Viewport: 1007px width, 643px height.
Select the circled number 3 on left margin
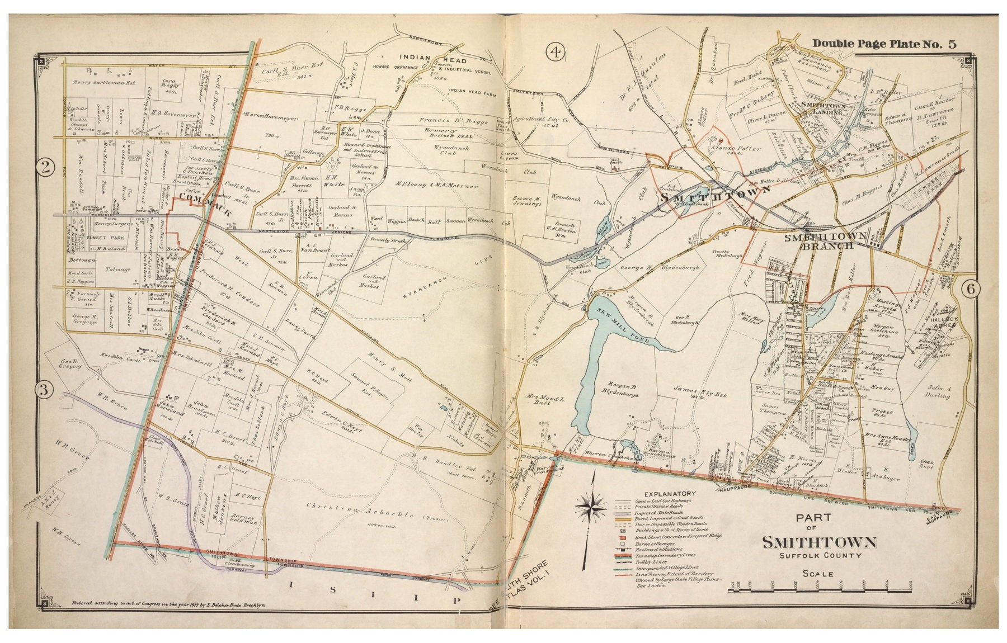[x=44, y=390]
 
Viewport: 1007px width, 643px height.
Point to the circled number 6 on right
[x=971, y=289]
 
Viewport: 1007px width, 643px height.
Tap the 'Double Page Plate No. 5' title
[x=884, y=44]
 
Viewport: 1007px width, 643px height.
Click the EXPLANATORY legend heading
[x=670, y=494]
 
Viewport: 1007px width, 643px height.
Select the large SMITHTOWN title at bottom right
[x=818, y=542]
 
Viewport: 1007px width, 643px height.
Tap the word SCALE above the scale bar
[x=818, y=573]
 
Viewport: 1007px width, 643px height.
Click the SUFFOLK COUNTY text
[x=818, y=555]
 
